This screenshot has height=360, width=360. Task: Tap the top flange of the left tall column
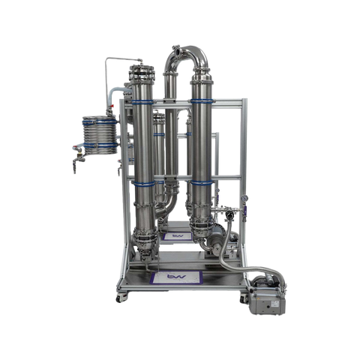(140, 70)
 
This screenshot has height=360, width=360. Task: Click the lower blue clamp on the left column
(142, 181)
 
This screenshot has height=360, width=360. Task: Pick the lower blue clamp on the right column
(199, 183)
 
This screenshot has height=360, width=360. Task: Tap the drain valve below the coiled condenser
(77, 159)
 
